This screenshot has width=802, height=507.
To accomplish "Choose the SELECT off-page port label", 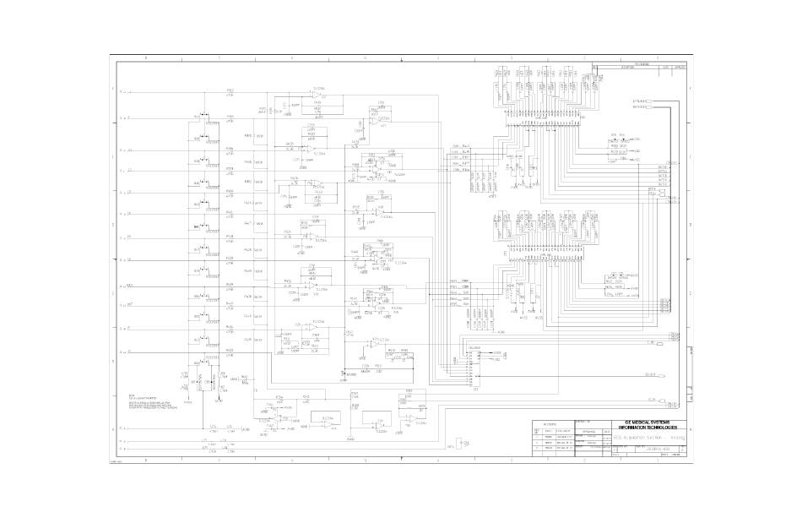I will [651, 373].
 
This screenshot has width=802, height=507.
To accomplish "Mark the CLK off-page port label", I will [651, 398].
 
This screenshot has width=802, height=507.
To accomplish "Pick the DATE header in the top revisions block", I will [666, 67].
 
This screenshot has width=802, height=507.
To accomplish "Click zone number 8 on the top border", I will [147, 57].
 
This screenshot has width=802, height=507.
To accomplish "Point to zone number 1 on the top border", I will [655, 57].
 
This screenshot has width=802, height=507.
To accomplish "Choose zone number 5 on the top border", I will [365, 57].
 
